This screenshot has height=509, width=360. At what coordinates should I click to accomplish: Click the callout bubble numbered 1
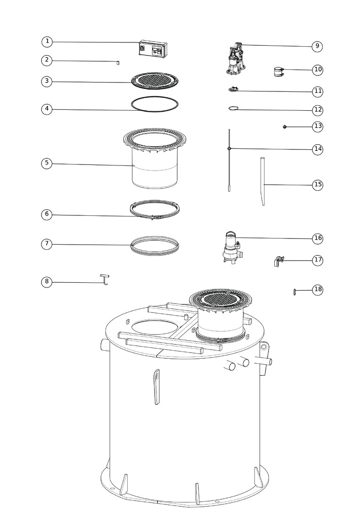(x=47, y=41)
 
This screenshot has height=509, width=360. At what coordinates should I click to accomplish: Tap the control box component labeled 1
(x=153, y=49)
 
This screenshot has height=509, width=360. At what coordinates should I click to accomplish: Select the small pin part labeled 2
(x=118, y=62)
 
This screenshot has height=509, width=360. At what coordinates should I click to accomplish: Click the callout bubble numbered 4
(x=47, y=109)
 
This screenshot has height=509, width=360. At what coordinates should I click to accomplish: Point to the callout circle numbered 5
(x=47, y=163)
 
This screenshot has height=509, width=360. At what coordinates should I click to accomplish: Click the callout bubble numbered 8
(x=47, y=282)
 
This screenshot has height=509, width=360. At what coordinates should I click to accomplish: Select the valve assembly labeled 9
(x=236, y=58)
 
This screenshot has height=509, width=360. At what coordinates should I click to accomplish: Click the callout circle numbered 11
(x=318, y=91)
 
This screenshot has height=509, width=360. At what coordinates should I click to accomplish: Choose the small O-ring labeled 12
(x=234, y=108)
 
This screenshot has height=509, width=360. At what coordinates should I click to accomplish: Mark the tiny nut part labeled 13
(x=285, y=127)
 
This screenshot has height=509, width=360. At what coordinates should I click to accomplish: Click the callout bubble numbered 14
(x=318, y=149)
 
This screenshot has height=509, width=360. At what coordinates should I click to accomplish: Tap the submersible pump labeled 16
(x=231, y=247)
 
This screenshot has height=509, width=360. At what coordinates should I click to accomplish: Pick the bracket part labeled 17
(x=278, y=261)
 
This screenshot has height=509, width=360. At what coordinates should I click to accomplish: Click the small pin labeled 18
(x=295, y=292)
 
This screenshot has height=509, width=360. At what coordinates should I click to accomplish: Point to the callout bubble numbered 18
(x=318, y=289)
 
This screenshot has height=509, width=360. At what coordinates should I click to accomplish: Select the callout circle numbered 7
(x=47, y=244)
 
